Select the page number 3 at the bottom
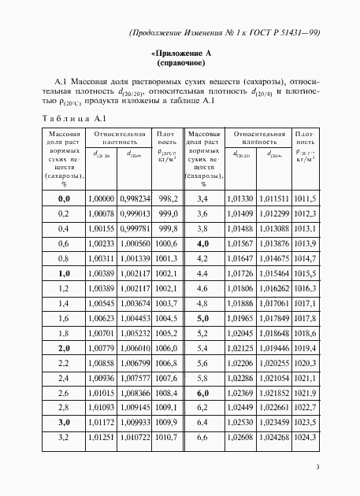pos(317,468)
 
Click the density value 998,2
pos(168,198)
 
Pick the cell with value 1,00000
pos(102,198)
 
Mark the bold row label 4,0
pos(201,243)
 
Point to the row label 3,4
pos(201,198)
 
